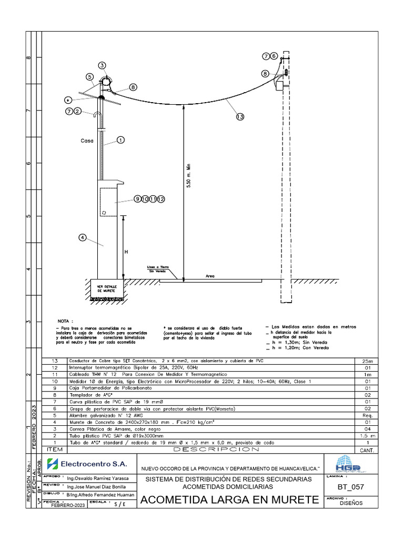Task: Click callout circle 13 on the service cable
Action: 240,117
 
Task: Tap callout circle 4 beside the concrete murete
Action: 83,237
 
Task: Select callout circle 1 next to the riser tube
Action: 120,140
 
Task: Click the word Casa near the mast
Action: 87,141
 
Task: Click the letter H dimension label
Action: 126,252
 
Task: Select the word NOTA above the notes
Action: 66,321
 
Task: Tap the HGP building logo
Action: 348,464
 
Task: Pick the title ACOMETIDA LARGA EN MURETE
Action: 231,500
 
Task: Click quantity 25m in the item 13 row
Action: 367,361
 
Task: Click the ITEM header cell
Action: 54,450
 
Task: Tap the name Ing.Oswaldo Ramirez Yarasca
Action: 94,480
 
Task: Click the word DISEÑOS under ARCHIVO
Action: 351,503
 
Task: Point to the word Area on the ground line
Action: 210,276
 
